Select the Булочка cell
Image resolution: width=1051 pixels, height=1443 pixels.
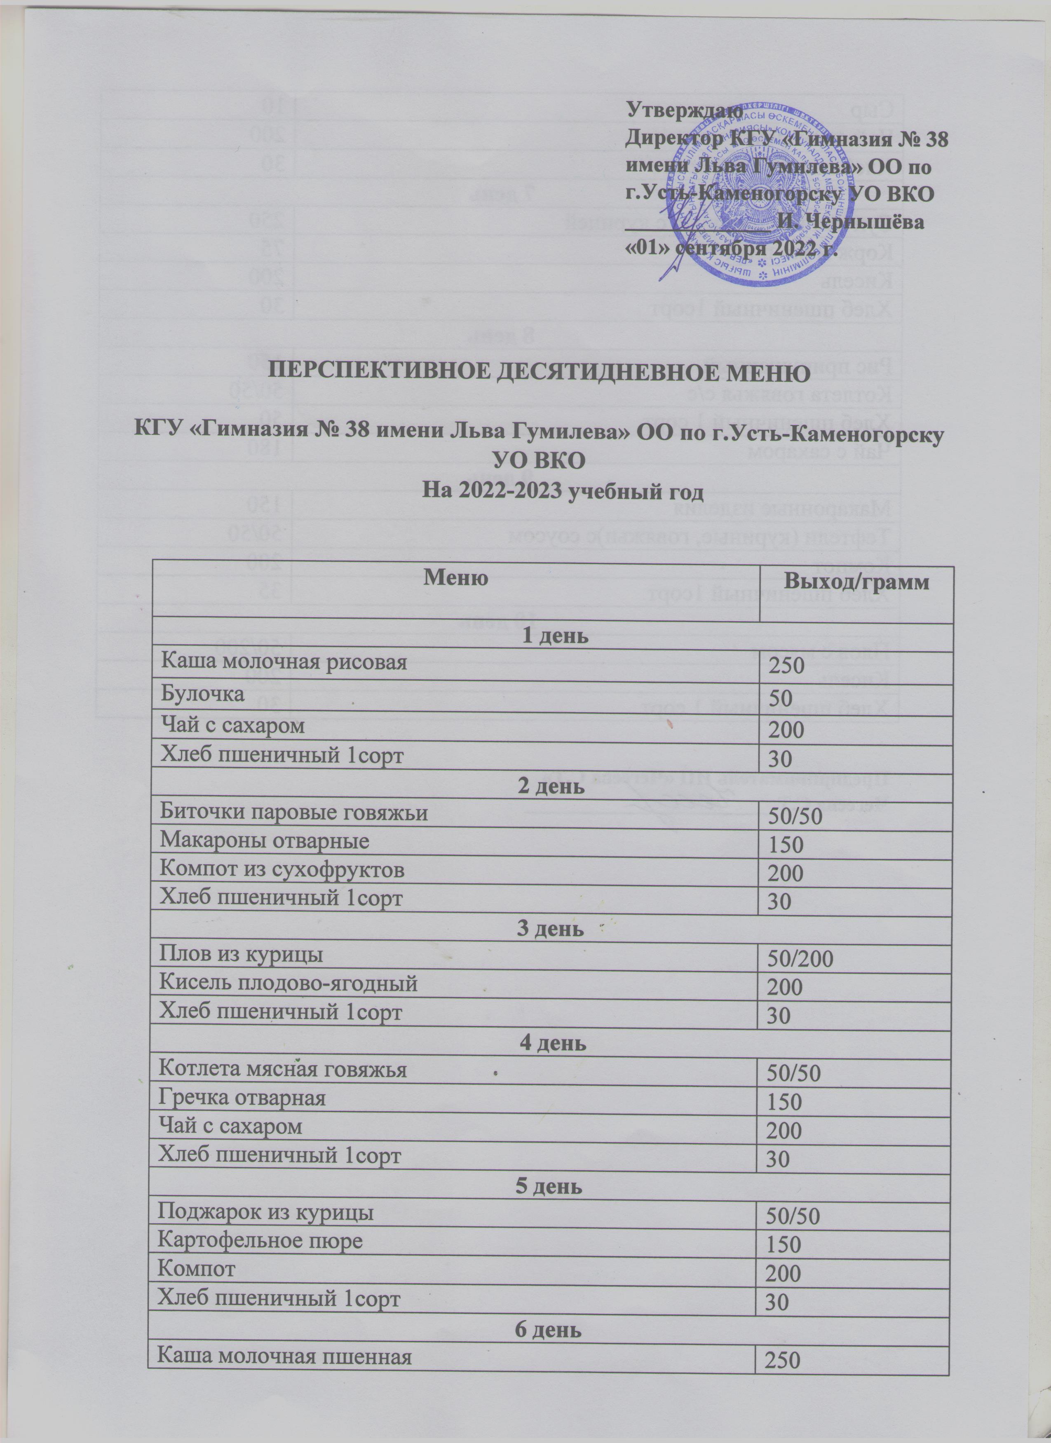point(202,694)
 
